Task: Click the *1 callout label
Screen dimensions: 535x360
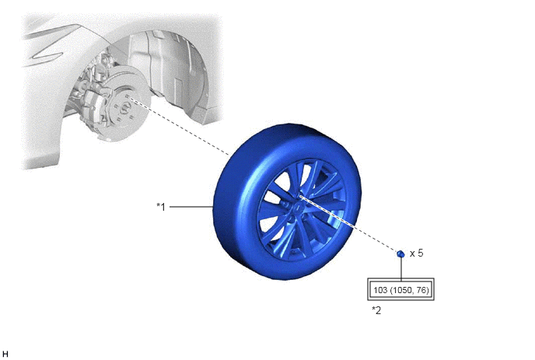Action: point(161,207)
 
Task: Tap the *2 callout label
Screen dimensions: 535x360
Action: point(376,310)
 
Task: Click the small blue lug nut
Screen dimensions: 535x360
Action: point(400,253)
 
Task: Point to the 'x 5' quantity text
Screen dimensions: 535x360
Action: point(416,253)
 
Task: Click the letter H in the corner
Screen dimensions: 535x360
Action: point(5,355)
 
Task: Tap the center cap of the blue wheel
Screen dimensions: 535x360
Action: point(298,208)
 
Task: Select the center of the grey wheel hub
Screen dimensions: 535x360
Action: point(124,109)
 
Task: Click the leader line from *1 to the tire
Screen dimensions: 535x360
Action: point(191,207)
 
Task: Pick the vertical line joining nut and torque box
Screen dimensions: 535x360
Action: point(401,268)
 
